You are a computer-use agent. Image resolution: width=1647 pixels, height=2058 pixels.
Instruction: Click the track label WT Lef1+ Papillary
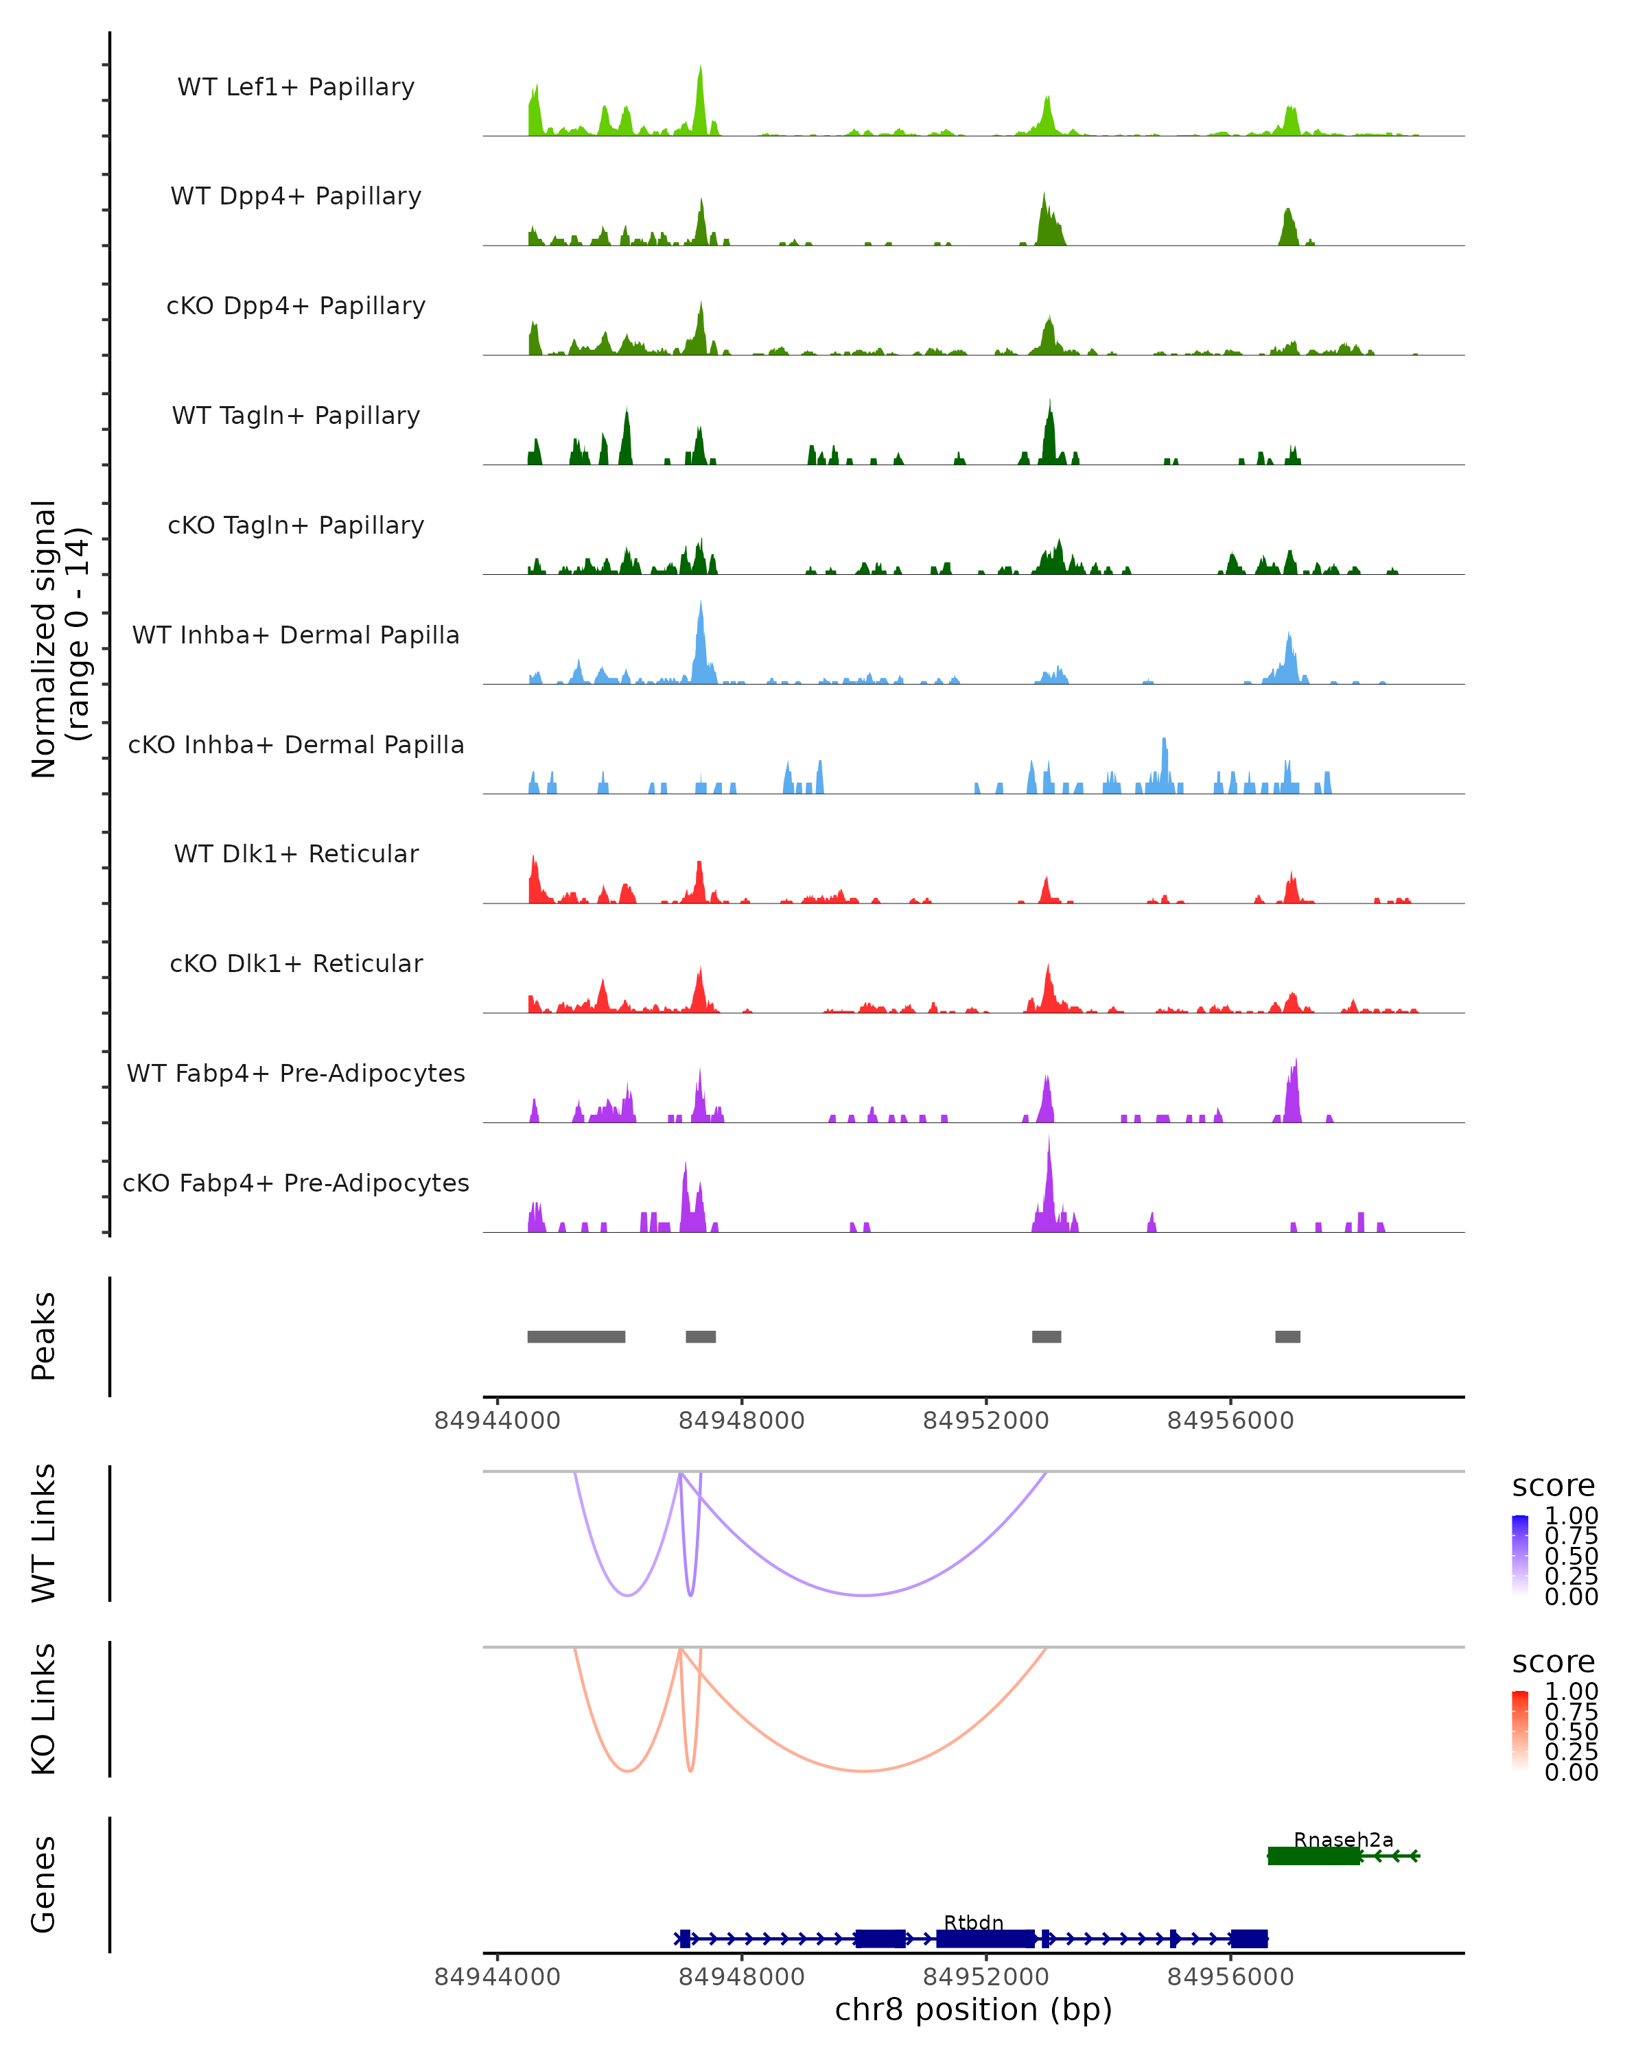tap(296, 87)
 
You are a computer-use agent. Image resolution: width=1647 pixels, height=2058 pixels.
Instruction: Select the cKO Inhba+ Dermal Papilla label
tap(296, 744)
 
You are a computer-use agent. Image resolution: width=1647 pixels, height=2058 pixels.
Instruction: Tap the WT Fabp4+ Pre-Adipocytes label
tap(296, 1073)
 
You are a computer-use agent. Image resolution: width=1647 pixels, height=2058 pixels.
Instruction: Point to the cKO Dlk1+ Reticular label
tap(296, 963)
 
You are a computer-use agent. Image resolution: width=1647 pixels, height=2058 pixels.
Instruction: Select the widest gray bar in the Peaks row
tap(576, 1336)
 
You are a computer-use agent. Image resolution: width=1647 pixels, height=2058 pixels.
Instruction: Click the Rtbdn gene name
tap(973, 1922)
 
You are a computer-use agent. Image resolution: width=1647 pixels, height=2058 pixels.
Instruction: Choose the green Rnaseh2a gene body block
tap(1313, 1856)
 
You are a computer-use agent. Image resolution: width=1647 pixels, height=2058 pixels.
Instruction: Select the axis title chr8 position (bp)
tap(973, 2010)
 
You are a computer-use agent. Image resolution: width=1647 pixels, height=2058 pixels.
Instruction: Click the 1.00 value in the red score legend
tap(1571, 1692)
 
